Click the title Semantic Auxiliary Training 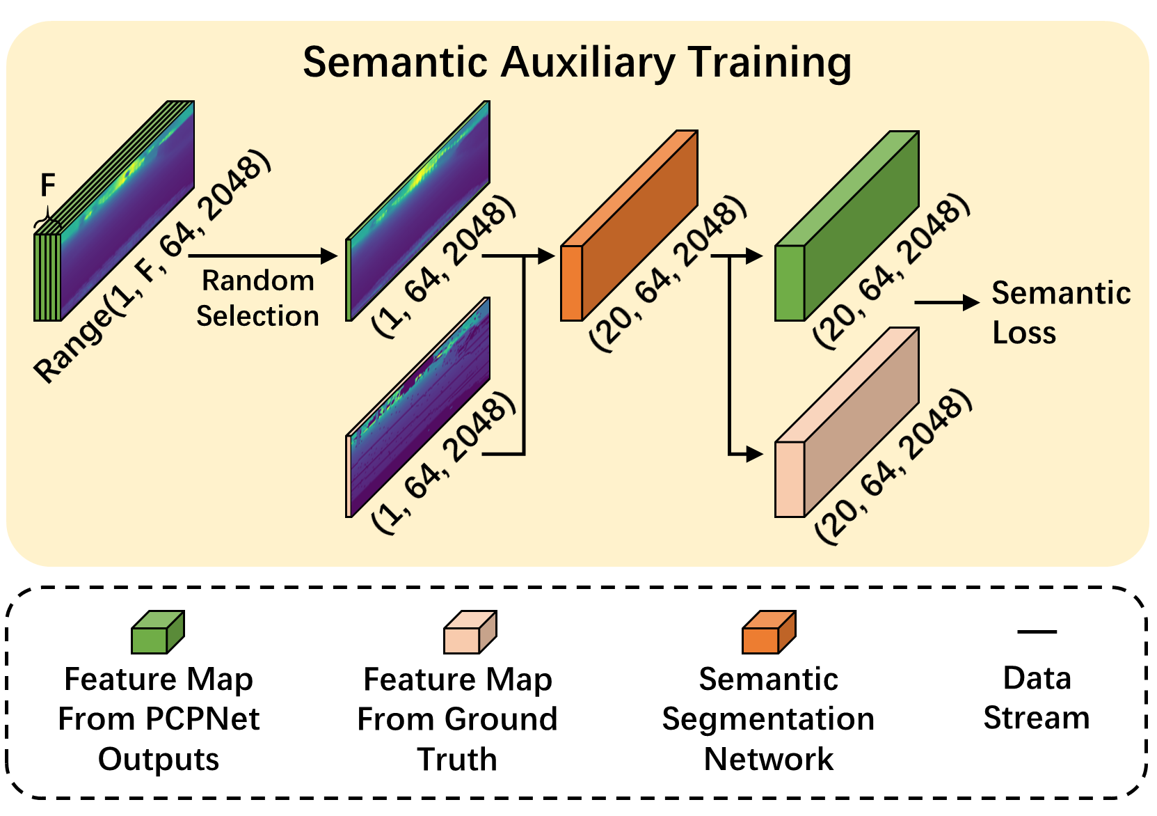577,63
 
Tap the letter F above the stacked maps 47,186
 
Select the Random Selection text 257,298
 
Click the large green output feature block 847,226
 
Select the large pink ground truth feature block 847,423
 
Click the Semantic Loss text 1060,313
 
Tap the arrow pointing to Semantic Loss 946,302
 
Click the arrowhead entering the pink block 754,454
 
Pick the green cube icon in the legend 158,632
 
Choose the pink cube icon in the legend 470,632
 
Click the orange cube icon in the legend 769,632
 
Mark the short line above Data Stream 1037,631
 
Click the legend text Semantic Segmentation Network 768,719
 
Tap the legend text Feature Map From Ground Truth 457,719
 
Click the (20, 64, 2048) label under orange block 668,274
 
